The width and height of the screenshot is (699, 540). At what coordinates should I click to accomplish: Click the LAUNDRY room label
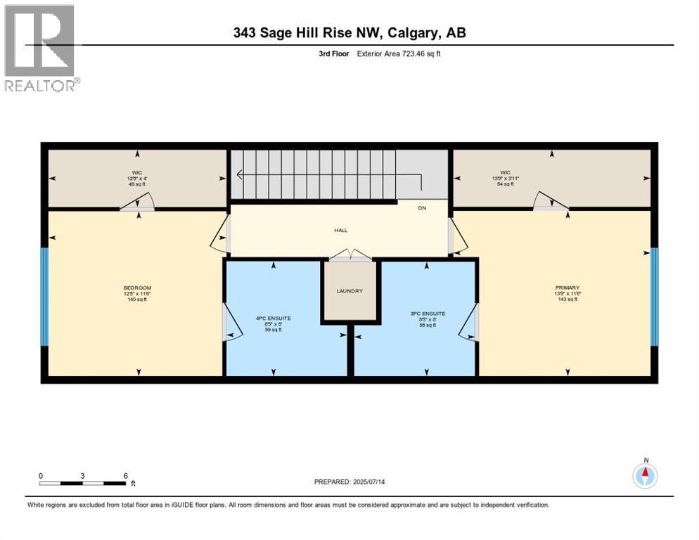(349, 291)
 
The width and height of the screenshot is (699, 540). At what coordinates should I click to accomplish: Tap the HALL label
(341, 230)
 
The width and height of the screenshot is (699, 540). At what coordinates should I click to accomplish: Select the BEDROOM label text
(137, 288)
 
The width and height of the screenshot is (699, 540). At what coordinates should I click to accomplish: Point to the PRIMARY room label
(567, 288)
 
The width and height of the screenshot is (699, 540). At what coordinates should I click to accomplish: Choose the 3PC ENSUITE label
(427, 314)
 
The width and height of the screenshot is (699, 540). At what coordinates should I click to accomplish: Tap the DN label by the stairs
(422, 208)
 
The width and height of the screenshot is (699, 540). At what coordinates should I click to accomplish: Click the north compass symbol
(645, 476)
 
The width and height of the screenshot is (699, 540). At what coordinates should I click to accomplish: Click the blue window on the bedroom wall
(44, 296)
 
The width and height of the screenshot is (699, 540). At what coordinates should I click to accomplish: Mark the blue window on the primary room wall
(654, 296)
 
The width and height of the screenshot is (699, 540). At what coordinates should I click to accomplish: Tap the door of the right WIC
(550, 202)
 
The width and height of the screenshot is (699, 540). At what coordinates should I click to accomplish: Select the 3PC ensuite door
(470, 322)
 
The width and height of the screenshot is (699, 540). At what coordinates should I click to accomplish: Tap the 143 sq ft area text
(567, 300)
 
